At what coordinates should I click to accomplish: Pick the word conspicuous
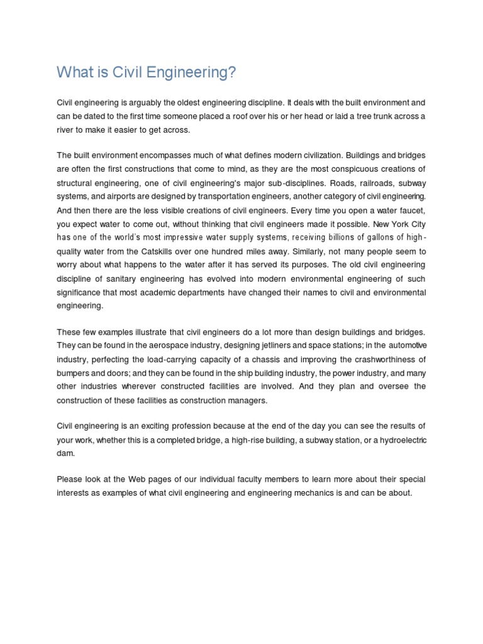(355, 169)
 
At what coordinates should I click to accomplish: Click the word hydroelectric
(398, 440)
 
